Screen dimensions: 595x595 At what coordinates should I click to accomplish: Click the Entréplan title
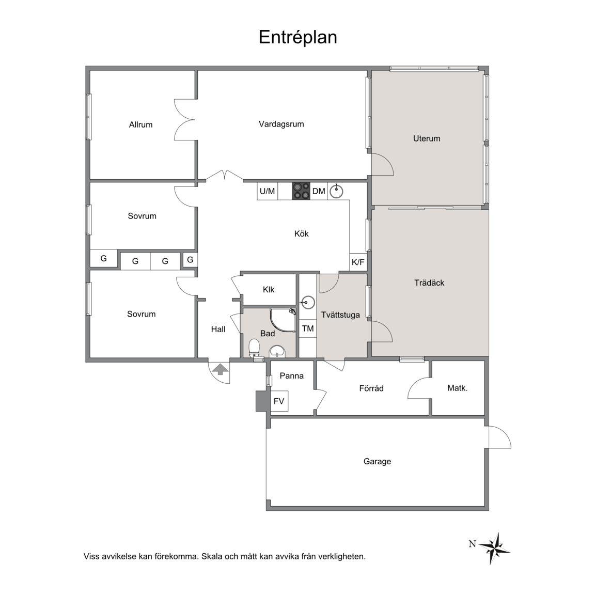(298, 37)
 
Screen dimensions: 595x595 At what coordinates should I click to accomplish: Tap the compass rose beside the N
(494, 547)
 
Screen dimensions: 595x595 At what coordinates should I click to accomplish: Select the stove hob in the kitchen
(301, 191)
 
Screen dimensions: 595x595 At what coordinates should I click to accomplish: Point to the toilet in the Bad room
(254, 348)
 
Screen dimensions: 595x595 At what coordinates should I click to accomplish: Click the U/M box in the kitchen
(267, 191)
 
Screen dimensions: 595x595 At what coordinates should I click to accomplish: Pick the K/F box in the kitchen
(358, 262)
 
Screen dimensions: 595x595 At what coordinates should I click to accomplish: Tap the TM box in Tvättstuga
(308, 328)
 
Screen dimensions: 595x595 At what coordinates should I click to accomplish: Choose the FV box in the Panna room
(279, 401)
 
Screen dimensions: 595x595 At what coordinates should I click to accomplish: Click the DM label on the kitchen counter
(319, 191)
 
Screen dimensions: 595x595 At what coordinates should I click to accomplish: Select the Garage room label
(377, 461)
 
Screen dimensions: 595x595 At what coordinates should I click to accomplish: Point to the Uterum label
(427, 138)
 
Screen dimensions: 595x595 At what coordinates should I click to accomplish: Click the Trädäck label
(429, 283)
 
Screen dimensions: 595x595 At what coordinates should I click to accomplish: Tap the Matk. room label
(457, 388)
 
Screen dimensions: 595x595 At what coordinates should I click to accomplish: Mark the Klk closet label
(268, 290)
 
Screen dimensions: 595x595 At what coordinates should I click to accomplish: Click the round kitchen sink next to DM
(336, 191)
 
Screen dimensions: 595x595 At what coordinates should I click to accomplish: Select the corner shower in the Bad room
(283, 320)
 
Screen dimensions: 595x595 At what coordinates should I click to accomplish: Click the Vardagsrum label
(281, 124)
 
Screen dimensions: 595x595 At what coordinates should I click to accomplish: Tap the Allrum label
(141, 124)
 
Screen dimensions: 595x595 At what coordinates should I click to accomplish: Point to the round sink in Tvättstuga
(307, 303)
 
